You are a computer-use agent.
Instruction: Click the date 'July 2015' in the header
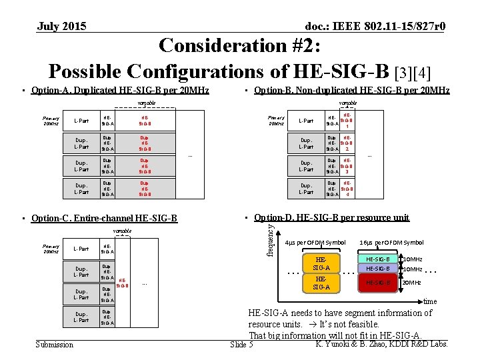[61, 27]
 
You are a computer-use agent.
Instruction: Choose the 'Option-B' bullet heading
[352, 91]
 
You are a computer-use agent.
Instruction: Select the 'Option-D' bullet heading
[331, 217]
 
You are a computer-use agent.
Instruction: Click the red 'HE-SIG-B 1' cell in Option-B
[347, 121]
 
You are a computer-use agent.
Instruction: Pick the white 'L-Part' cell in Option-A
[81, 121]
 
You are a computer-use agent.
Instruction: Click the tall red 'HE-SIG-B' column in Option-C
[123, 283]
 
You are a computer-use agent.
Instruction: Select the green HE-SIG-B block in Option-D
[378, 259]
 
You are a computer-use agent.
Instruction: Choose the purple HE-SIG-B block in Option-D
[378, 269]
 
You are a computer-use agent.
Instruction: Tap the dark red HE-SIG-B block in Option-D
[378, 282]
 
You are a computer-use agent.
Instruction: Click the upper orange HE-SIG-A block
[321, 263]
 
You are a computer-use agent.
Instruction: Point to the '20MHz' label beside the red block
[412, 282]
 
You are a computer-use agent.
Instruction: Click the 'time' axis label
[431, 301]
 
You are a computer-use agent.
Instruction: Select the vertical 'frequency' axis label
[271, 239]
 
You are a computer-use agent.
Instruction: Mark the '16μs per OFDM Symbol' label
[391, 242]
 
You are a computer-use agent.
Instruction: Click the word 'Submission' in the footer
[55, 345]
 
